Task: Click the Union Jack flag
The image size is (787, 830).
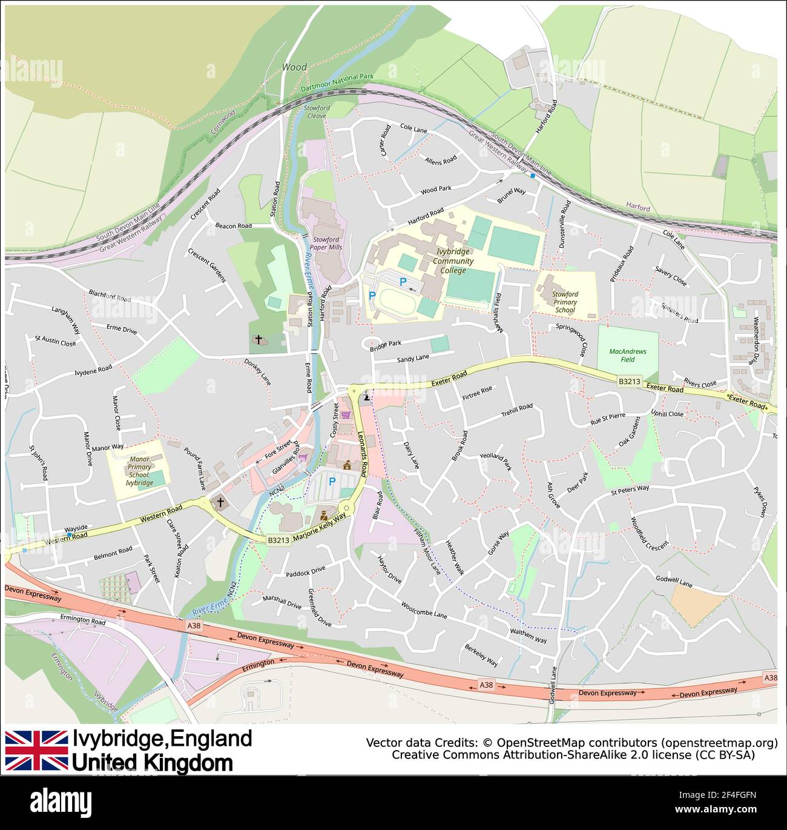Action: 36,750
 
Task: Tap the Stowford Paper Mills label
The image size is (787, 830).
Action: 326,244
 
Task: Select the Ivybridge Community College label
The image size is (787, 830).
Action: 453,261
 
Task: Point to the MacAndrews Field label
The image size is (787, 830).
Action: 627,355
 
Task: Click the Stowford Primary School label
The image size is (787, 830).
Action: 564,302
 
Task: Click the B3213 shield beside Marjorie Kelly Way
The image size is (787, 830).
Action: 278,540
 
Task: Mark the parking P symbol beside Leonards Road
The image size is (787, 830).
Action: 332,482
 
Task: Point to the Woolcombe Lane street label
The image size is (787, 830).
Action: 424,609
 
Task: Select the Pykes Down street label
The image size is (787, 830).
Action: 760,501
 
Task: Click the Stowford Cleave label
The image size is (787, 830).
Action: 317,112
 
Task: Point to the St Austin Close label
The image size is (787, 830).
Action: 56,341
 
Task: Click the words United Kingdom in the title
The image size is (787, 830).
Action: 152,763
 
